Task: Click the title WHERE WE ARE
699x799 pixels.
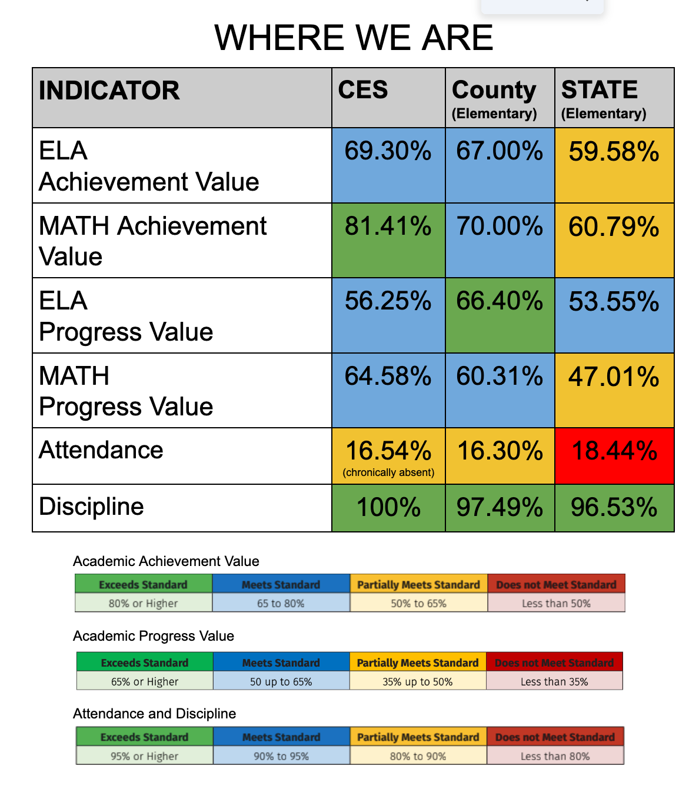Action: point(354,38)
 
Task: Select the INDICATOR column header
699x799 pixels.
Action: point(109,91)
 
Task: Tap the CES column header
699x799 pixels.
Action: point(363,90)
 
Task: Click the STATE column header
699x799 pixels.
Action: point(600,90)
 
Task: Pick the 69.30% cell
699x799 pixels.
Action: point(388,151)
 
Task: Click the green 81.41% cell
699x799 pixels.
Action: point(388,227)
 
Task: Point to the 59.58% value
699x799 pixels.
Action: point(614,152)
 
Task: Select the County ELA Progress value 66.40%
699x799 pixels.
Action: point(500,301)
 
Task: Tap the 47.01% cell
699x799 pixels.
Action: point(614,377)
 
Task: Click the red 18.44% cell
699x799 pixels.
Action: point(614,451)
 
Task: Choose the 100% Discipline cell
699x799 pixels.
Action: point(388,507)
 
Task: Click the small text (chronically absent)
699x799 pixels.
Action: point(388,472)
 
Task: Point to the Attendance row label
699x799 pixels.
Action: point(101,450)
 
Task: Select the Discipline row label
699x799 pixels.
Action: point(92,507)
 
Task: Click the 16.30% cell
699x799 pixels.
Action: point(500,451)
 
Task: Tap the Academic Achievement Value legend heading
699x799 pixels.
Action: point(166,561)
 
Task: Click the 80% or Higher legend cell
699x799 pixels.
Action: point(143,603)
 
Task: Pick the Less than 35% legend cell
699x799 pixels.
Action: point(554,681)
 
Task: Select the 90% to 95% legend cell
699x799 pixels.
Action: point(281,756)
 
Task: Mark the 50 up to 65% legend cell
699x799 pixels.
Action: point(281,681)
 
